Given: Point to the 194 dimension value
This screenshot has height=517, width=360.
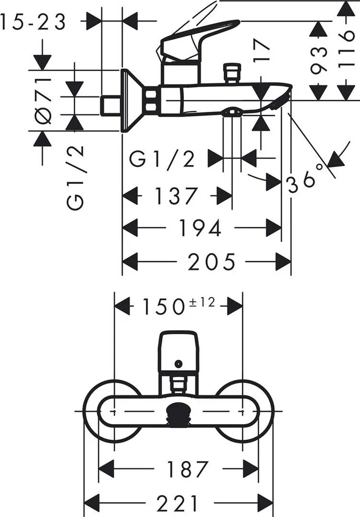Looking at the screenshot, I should pos(201,228).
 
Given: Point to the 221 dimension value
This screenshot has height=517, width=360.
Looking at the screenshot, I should pos(178,503).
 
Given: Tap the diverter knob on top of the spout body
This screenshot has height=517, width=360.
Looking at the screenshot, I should pos(232,72).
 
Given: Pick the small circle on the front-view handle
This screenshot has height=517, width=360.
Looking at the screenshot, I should pos(178,363).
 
